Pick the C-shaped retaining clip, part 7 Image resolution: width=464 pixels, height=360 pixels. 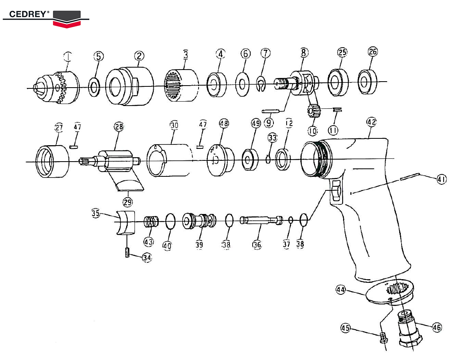[261, 86]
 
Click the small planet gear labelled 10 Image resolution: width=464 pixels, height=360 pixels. [313, 110]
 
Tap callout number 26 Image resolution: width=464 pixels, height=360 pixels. [373, 52]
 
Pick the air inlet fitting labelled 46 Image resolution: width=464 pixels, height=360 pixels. [410, 328]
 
